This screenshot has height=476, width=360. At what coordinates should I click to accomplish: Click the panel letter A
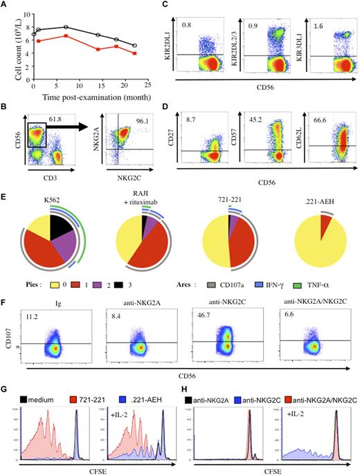click(6, 6)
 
